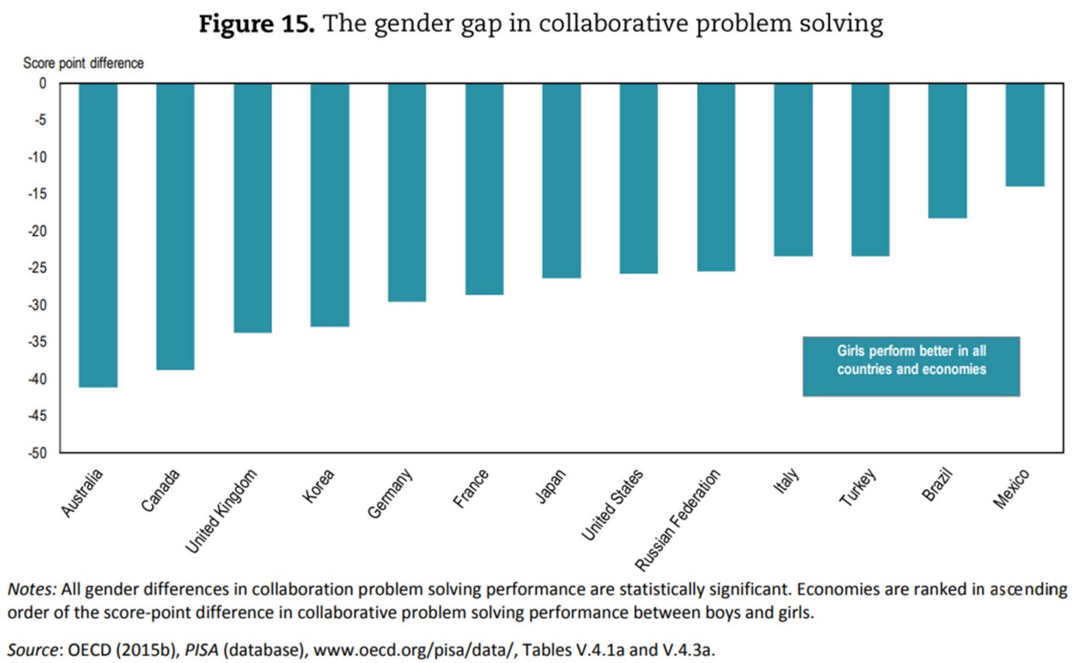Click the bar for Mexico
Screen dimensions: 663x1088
point(1025,134)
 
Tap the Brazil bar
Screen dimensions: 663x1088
point(947,151)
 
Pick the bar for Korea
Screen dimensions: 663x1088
point(330,204)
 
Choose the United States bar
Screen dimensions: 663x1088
point(639,178)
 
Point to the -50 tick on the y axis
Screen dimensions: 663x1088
point(37,453)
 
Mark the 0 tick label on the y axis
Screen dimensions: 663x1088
point(43,83)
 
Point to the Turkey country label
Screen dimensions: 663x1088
point(860,487)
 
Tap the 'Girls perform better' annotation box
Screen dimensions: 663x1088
point(911,366)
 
